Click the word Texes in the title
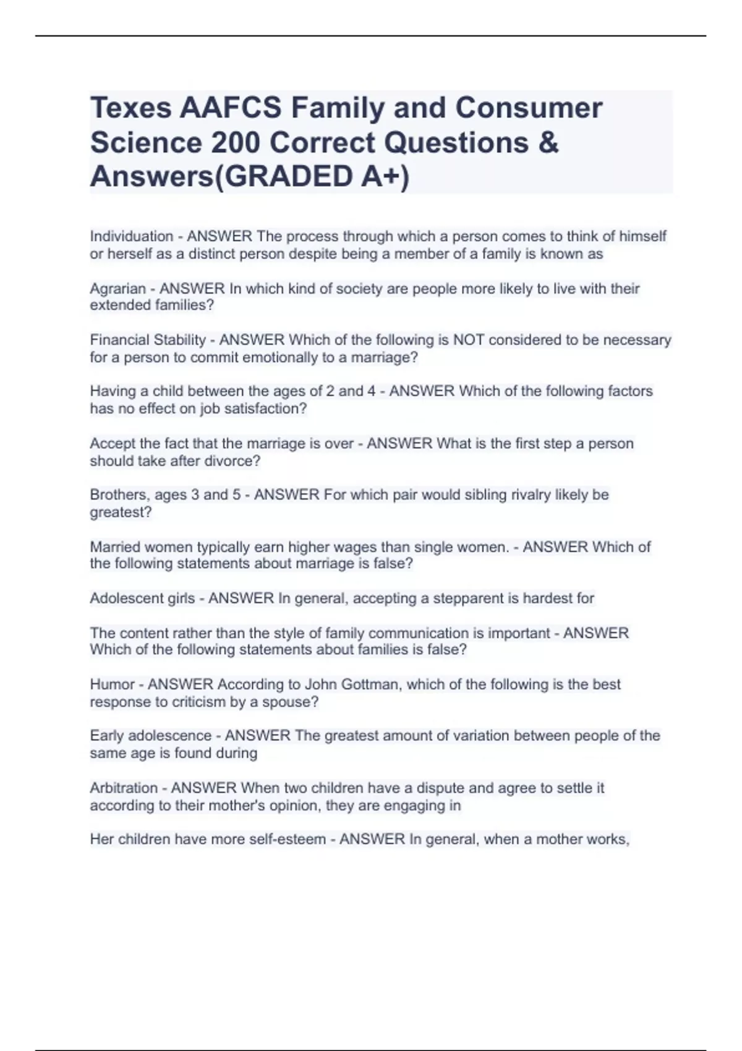[130, 108]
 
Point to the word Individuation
[132, 236]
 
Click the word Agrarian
[117, 288]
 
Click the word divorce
[232, 461]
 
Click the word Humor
[112, 684]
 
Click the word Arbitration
[124, 788]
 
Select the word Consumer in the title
[529, 108]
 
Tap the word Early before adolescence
[106, 736]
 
